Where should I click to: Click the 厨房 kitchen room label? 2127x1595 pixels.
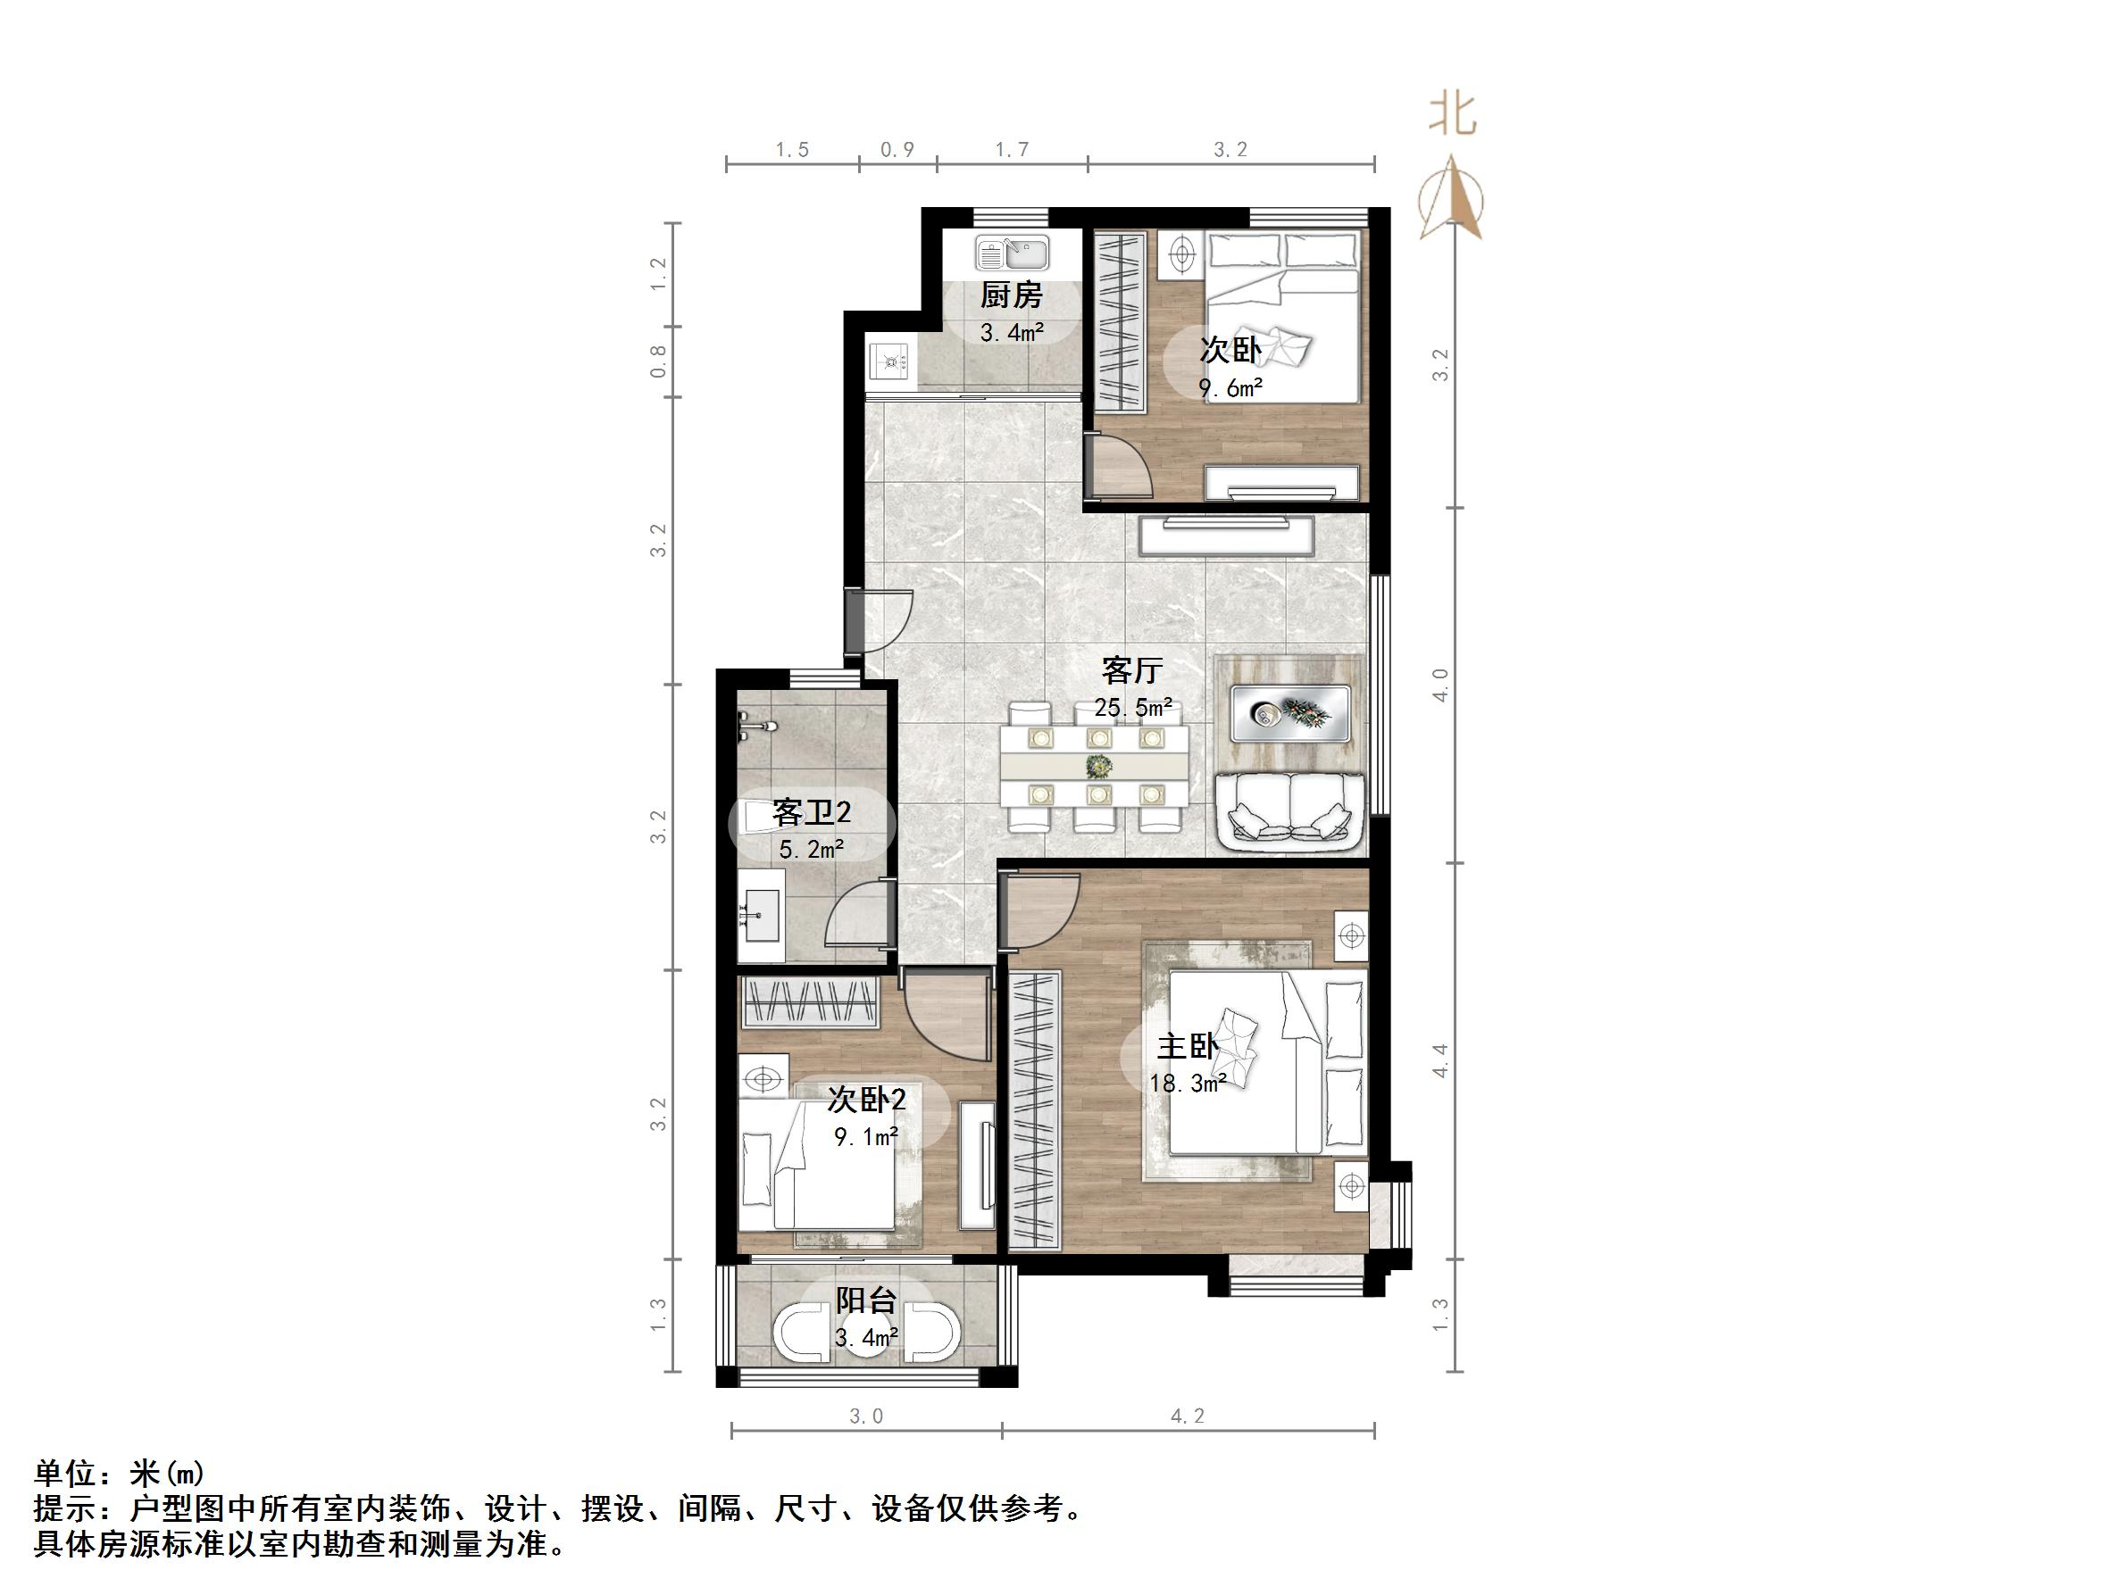[1011, 295]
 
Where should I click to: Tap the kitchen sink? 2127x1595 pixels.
[1013, 253]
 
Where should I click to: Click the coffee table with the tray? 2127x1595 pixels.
[1289, 712]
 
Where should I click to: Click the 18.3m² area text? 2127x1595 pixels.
[1187, 1084]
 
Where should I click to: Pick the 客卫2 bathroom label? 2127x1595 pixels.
[812, 813]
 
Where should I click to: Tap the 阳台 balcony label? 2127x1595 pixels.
[865, 1300]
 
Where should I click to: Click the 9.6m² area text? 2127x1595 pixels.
[1229, 388]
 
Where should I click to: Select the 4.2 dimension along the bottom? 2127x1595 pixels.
[1187, 1416]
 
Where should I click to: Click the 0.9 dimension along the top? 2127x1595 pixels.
[897, 150]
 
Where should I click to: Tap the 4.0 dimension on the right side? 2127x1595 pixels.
[1439, 685]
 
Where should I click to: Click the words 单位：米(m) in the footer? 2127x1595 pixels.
[120, 1474]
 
